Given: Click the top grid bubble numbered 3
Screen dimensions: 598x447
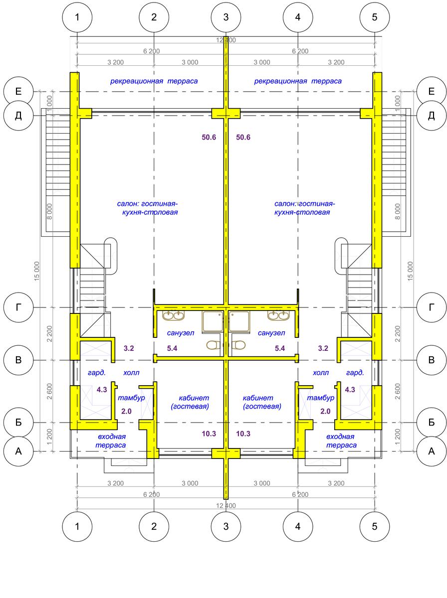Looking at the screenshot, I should pyautogui.click(x=225, y=17).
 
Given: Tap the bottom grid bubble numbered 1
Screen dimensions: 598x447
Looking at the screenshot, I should pyautogui.click(x=77, y=526).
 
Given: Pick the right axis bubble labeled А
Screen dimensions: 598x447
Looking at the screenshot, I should pyautogui.click(x=432, y=451).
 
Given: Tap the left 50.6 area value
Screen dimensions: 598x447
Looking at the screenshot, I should pyautogui.click(x=209, y=138).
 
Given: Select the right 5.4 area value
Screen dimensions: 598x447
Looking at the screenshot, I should pyautogui.click(x=280, y=348).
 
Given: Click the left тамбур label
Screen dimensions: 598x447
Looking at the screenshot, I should pyautogui.click(x=131, y=398).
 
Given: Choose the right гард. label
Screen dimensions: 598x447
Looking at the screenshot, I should pyautogui.click(x=355, y=372).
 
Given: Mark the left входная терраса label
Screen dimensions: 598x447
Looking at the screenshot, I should pyautogui.click(x=111, y=441).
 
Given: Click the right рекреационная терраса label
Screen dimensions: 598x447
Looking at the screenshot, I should pyautogui.click(x=298, y=81).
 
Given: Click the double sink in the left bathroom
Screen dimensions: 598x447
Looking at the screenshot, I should pyautogui.click(x=174, y=315).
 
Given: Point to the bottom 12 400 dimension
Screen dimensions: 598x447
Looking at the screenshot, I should pyautogui.click(x=225, y=505).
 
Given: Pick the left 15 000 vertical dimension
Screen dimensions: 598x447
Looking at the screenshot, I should pyautogui.click(x=37, y=272).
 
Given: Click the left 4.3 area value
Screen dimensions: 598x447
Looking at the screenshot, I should pyautogui.click(x=102, y=390).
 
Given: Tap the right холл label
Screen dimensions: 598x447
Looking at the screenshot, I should pyautogui.click(x=321, y=372).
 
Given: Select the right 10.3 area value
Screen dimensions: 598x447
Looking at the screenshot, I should pyautogui.click(x=243, y=434).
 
